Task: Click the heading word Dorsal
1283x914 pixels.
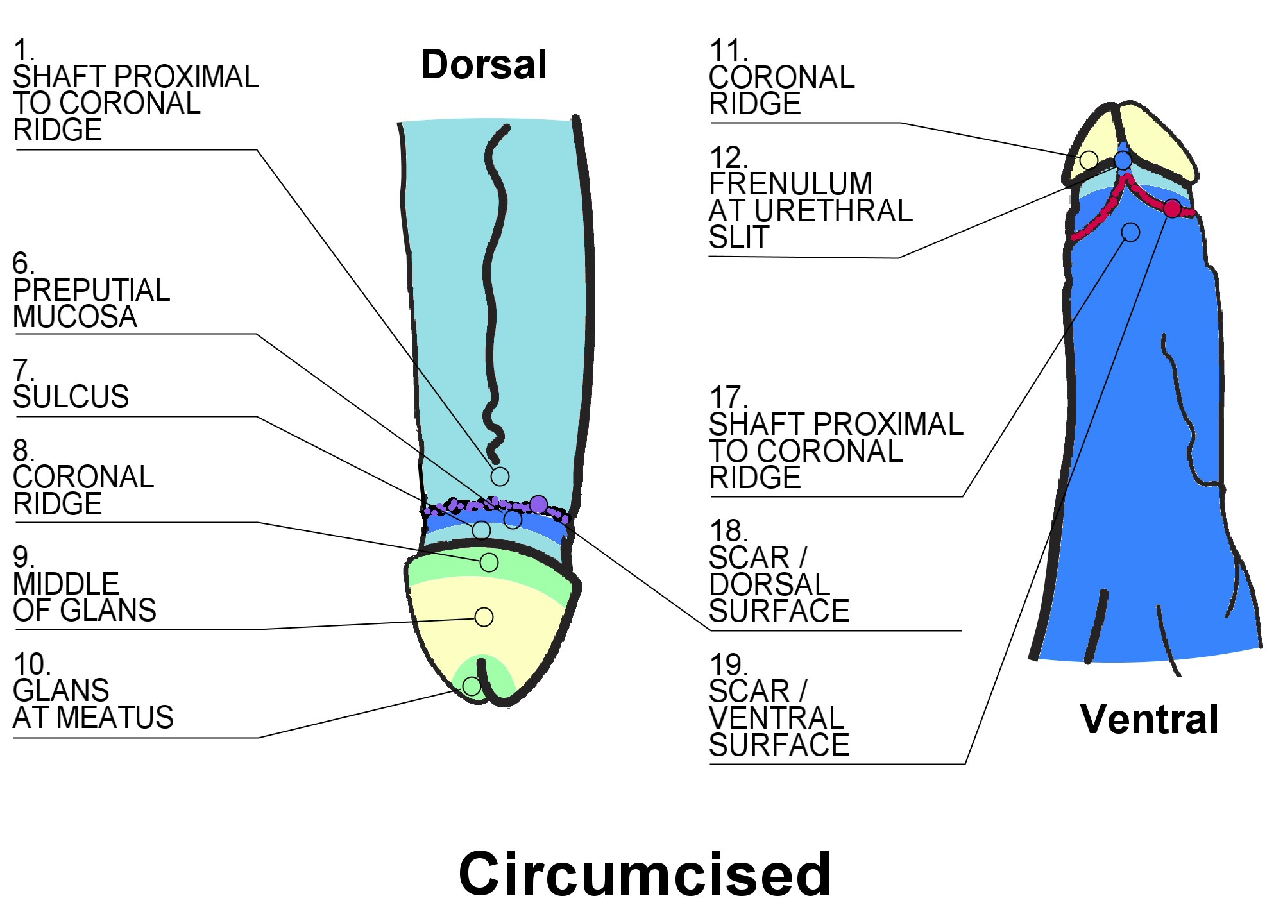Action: [x=484, y=65]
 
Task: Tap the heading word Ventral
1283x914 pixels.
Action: [x=1149, y=719]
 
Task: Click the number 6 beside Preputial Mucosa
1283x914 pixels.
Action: [x=22, y=264]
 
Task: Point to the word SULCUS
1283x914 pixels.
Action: [x=71, y=397]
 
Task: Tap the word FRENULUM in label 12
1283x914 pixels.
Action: [x=790, y=184]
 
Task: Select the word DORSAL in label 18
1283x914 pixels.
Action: [x=770, y=584]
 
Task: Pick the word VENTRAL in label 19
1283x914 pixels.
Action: [x=777, y=718]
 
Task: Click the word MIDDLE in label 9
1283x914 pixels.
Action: [x=66, y=584]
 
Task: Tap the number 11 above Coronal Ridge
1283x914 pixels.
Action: [x=727, y=51]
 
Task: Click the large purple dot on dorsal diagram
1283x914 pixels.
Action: [x=538, y=505]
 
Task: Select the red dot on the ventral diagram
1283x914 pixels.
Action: [x=1172, y=208]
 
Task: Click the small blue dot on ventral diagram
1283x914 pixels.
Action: [x=1123, y=160]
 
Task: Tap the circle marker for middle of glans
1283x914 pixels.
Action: [x=484, y=617]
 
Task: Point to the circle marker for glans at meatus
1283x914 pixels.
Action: [x=472, y=686]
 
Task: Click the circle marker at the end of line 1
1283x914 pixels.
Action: [x=500, y=477]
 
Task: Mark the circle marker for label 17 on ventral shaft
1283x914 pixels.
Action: [x=1130, y=232]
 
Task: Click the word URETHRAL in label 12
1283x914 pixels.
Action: [x=833, y=211]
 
